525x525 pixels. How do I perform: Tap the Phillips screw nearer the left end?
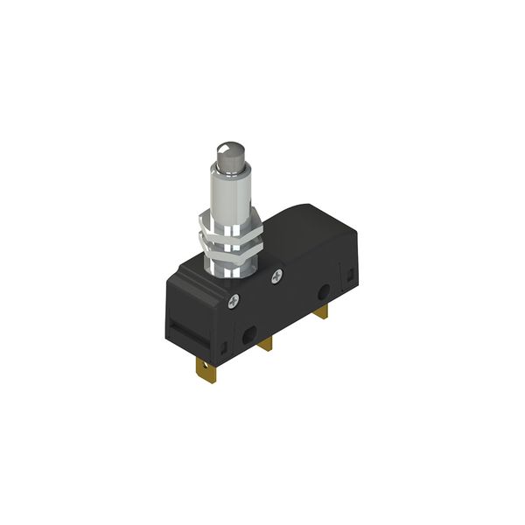coord(233,303)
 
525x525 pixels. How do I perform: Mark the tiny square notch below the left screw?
coord(234,330)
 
